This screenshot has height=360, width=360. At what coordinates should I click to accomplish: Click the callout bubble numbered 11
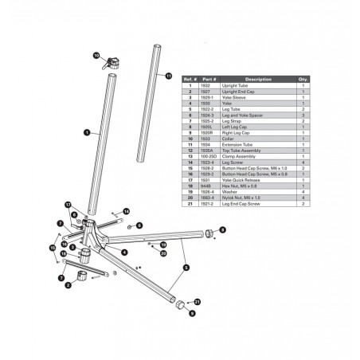click(169, 76)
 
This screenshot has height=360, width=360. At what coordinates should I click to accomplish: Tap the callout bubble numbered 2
click(68, 284)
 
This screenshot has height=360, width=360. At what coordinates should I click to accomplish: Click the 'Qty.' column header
click(303, 80)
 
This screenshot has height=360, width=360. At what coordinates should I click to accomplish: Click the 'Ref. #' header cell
click(190, 80)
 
